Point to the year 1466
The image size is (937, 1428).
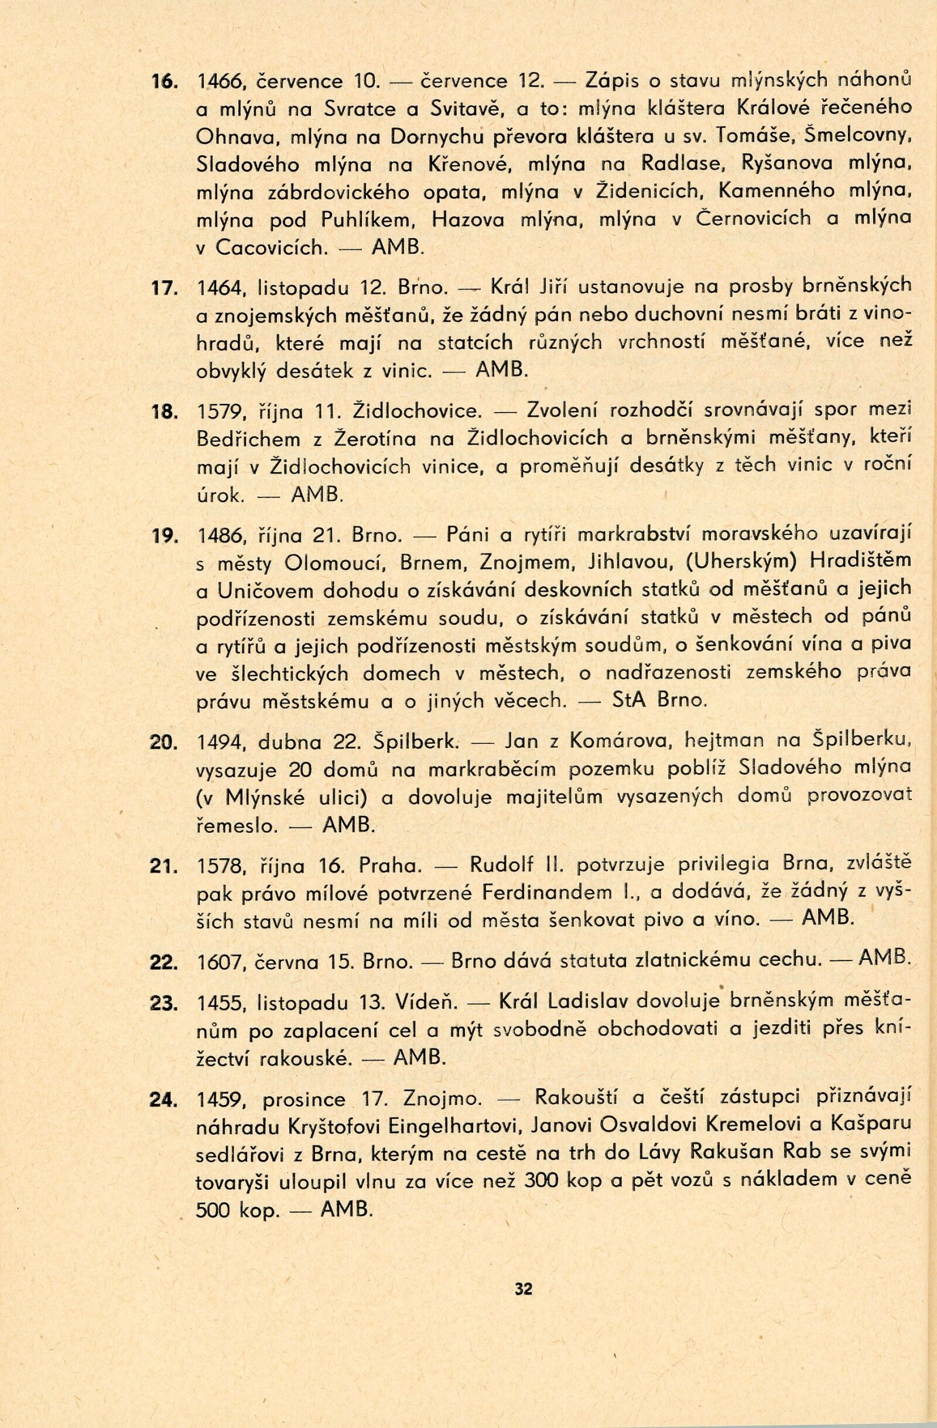coord(219,82)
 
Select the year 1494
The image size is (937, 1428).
coord(220,743)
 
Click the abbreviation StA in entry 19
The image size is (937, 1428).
coord(630,701)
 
